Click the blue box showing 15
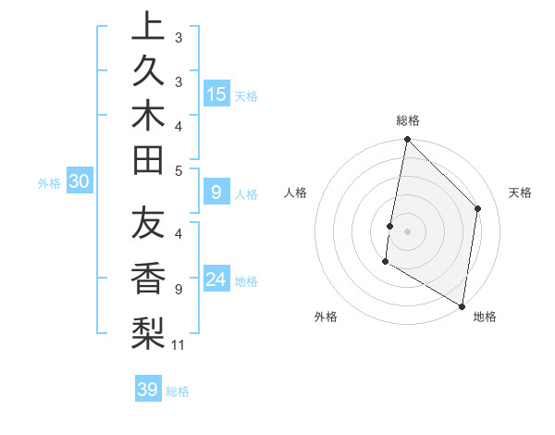pos(216,93)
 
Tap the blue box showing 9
pos(216,193)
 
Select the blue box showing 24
pos(216,280)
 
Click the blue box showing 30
pos(79,182)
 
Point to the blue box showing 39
pos(148,390)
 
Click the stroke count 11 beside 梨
pos(179,345)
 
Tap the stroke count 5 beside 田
pos(179,169)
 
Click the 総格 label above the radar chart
pos(408,120)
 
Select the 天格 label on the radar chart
pos(520,193)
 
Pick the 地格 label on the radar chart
pos(485,317)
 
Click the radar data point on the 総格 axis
pos(407,141)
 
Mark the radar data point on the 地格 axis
pos(462,305)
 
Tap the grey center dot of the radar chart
pos(407,230)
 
